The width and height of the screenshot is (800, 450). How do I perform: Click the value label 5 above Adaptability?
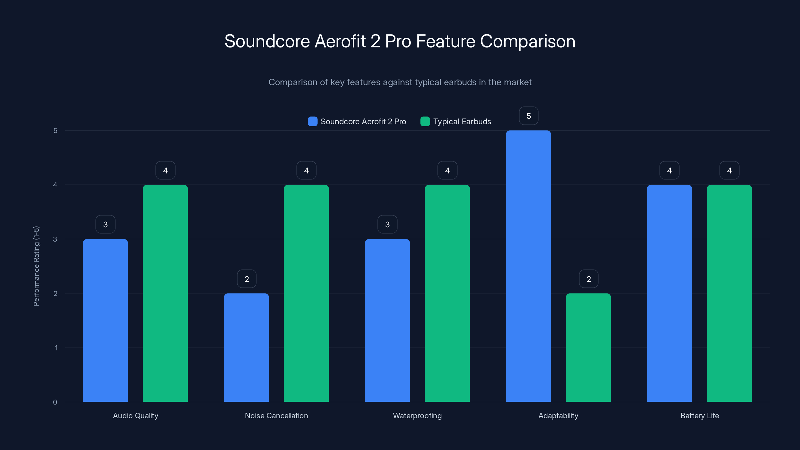pos(528,116)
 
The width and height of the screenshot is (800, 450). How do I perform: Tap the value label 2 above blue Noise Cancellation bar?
pos(246,279)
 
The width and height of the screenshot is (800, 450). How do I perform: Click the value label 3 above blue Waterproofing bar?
pos(387,224)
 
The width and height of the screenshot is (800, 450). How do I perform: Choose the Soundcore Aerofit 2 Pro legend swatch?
pos(312,121)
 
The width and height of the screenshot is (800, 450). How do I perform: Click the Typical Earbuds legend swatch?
pos(425,121)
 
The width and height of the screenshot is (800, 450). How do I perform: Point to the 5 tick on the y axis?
pos(55,130)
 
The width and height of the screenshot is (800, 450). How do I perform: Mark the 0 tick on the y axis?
pos(55,402)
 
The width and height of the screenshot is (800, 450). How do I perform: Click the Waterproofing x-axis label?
pos(417,415)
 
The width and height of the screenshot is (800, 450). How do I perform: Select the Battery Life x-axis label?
pos(699,415)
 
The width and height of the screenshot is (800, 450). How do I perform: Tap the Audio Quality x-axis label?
pos(135,415)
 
